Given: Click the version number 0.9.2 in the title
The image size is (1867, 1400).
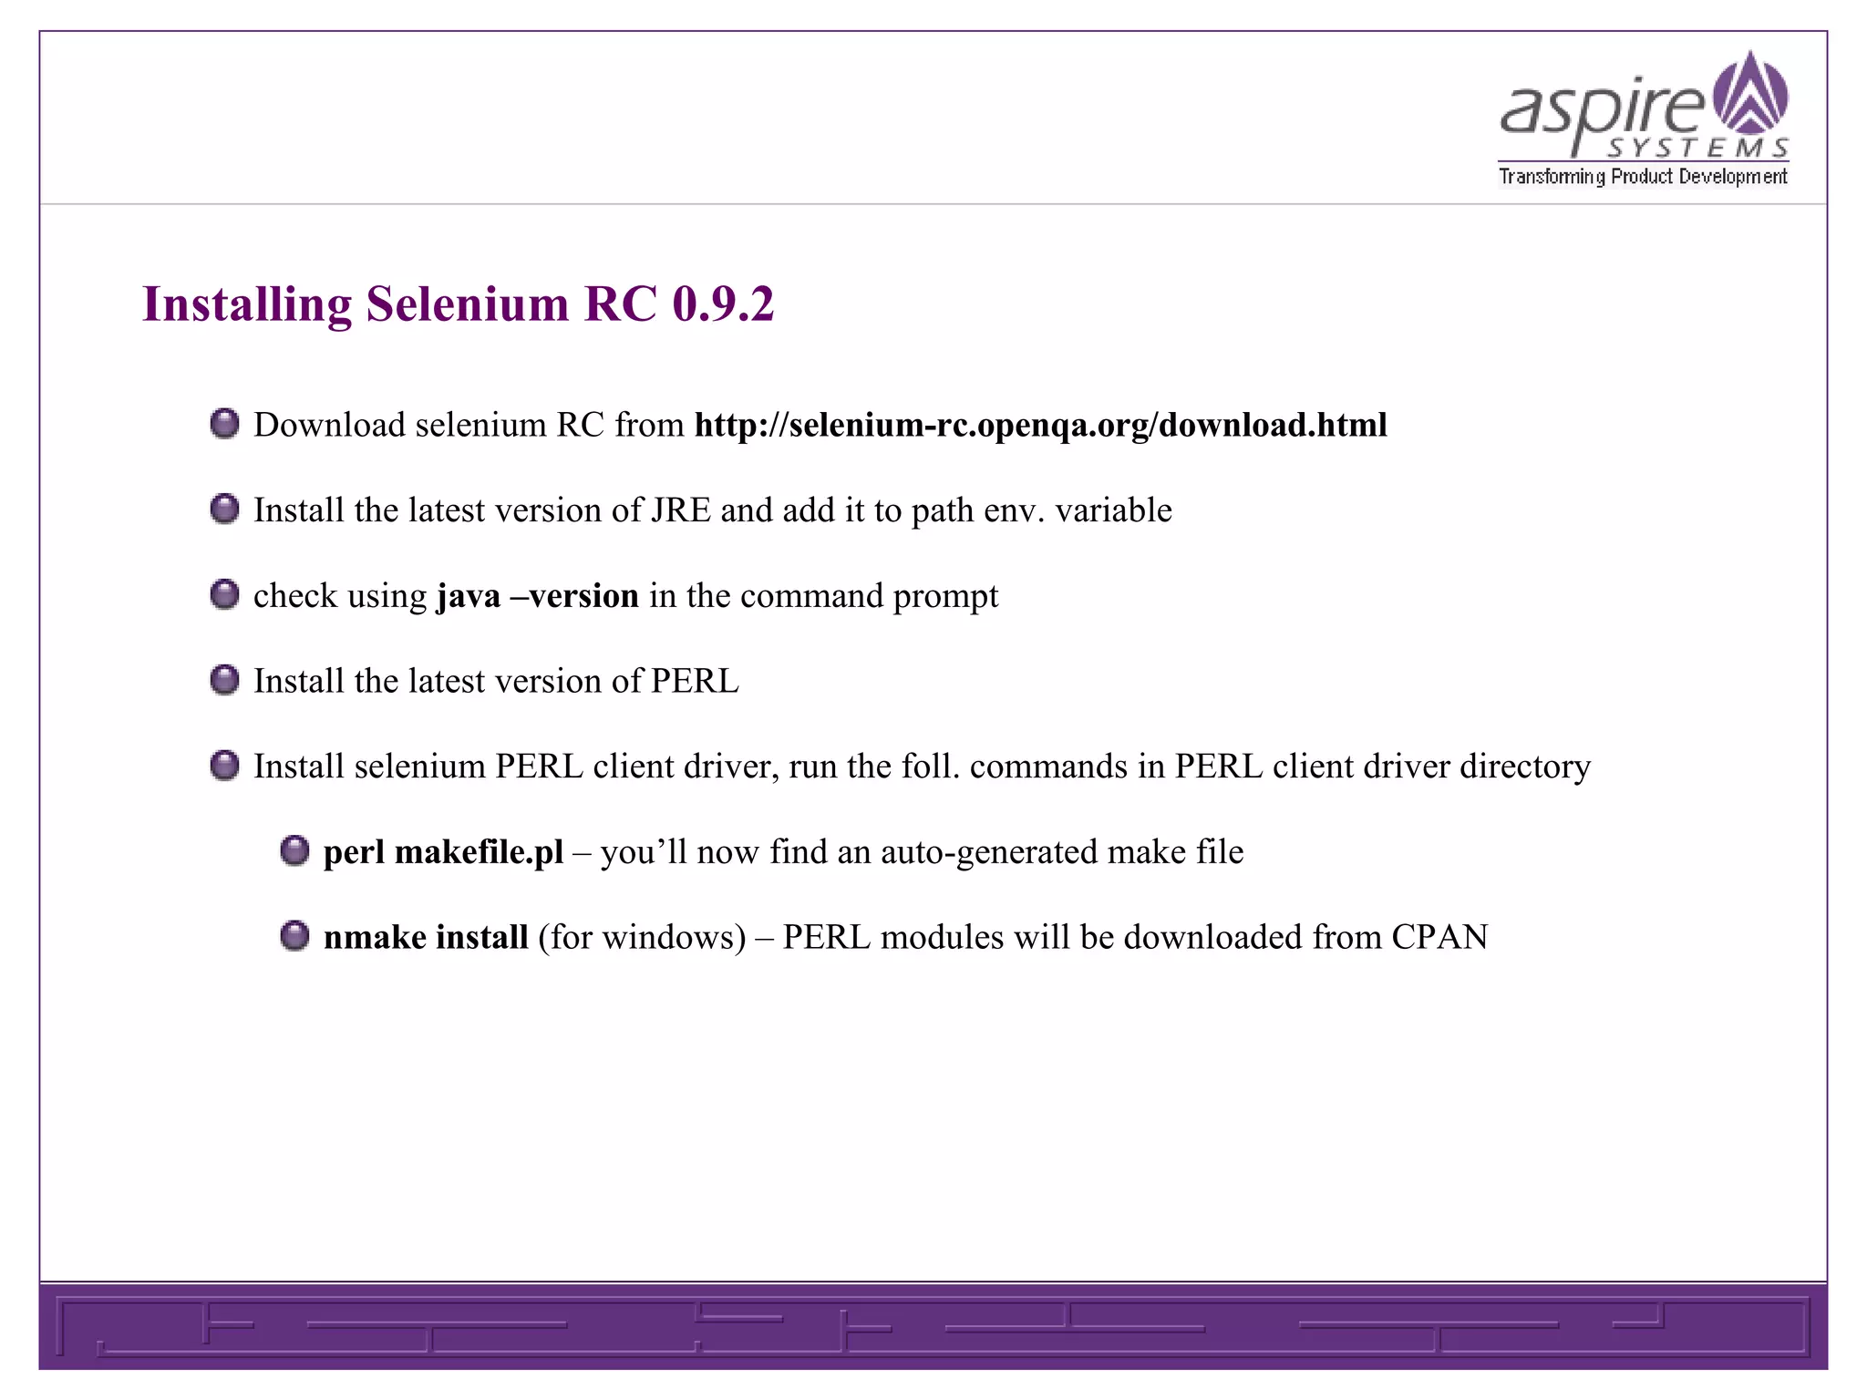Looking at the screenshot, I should click(723, 304).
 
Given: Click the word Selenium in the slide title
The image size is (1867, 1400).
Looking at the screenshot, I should click(467, 304).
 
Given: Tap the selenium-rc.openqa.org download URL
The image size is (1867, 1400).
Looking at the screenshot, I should click(1040, 426).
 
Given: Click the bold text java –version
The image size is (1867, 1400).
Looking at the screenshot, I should click(538, 596).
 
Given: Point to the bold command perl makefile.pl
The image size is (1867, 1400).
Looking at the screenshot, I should click(443, 852).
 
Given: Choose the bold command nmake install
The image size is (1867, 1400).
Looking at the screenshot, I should click(426, 938).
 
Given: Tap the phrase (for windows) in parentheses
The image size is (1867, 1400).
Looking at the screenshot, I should click(642, 938).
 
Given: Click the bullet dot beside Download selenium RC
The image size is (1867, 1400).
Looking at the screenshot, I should click(224, 424).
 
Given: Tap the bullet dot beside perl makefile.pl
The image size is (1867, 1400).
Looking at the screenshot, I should click(294, 851).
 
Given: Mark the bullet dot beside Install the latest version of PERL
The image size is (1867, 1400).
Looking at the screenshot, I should click(224, 680).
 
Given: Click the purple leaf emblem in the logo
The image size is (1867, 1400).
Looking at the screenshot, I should click(1750, 93).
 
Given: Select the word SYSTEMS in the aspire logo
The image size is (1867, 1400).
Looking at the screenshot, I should click(1697, 149).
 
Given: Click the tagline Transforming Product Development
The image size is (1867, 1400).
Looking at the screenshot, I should click(1643, 177).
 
